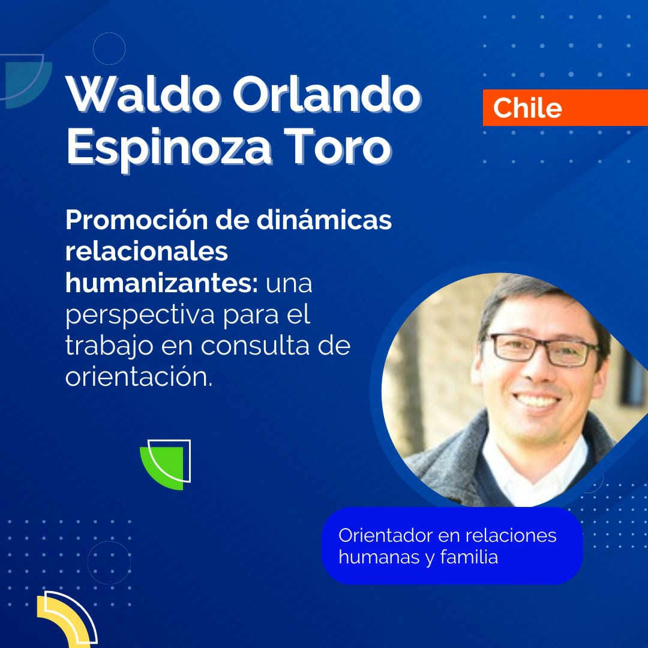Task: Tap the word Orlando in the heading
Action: [x=327, y=95]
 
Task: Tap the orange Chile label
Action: [x=565, y=107]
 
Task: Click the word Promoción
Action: [x=137, y=220]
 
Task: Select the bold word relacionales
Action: [x=147, y=251]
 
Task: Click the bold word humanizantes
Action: [x=161, y=283]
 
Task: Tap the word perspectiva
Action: [x=140, y=316]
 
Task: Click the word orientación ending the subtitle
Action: [x=139, y=376]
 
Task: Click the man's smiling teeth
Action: [x=536, y=400]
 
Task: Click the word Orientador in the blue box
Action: [x=385, y=535]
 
